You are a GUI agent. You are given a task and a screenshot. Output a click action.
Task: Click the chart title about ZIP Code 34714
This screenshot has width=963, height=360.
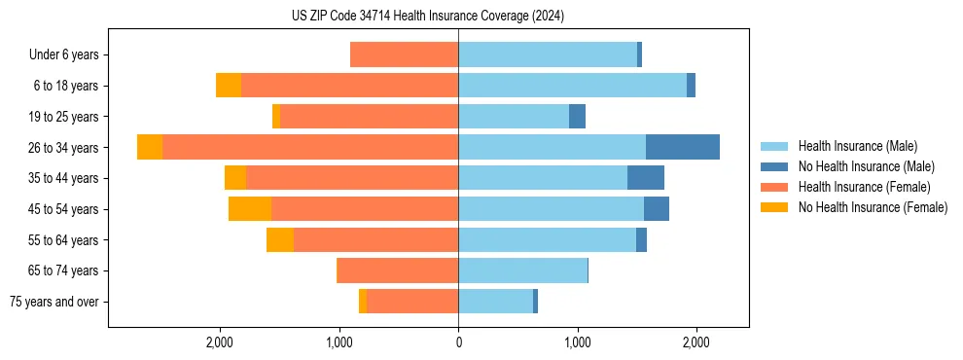point(428,17)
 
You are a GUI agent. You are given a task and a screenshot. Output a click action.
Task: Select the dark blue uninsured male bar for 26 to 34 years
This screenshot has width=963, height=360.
point(683,147)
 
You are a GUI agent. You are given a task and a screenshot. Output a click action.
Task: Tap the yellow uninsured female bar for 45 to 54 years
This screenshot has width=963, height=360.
point(250,209)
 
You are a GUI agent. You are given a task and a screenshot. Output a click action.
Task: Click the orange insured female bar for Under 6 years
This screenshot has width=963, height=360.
point(404,54)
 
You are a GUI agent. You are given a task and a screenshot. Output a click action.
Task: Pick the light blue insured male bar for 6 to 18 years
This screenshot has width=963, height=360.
point(572,86)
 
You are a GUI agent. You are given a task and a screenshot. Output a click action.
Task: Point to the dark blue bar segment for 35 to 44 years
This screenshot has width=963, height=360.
point(646,178)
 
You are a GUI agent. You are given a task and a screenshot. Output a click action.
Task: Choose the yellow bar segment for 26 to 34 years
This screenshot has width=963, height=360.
point(150,147)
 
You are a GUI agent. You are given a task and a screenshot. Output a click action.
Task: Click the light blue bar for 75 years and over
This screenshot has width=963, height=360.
point(495,302)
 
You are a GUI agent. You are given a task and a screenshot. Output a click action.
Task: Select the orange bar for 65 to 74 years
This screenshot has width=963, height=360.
point(397,270)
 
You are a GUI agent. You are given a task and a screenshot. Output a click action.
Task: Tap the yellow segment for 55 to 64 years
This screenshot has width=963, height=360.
point(280,240)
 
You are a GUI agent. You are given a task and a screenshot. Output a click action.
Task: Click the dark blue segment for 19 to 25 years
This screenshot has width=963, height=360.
point(578,117)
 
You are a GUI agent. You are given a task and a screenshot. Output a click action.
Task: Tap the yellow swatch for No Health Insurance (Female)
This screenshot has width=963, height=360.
point(774,207)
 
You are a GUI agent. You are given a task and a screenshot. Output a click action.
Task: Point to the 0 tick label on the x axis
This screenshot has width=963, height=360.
point(458,342)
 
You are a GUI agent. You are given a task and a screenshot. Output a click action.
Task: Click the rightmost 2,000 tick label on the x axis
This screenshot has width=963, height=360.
point(696,342)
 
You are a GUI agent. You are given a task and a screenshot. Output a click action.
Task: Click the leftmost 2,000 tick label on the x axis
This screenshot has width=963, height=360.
point(220,342)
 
